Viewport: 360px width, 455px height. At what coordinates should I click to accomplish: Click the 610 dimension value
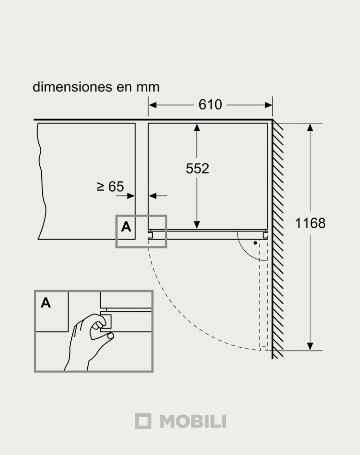click(210, 105)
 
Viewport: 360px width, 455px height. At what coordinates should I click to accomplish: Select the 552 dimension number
click(197, 169)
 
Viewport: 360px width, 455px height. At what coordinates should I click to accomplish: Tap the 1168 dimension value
click(310, 223)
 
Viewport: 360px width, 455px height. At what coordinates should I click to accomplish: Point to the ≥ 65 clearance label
click(110, 186)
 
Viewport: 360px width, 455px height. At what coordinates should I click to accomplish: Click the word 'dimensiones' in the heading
click(72, 87)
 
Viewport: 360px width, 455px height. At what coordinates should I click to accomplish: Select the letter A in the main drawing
click(126, 227)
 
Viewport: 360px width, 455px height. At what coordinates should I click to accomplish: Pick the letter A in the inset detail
click(46, 303)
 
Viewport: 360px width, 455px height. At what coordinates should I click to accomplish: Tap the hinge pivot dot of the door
click(255, 243)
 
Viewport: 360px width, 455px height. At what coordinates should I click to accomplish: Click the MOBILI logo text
click(193, 421)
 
